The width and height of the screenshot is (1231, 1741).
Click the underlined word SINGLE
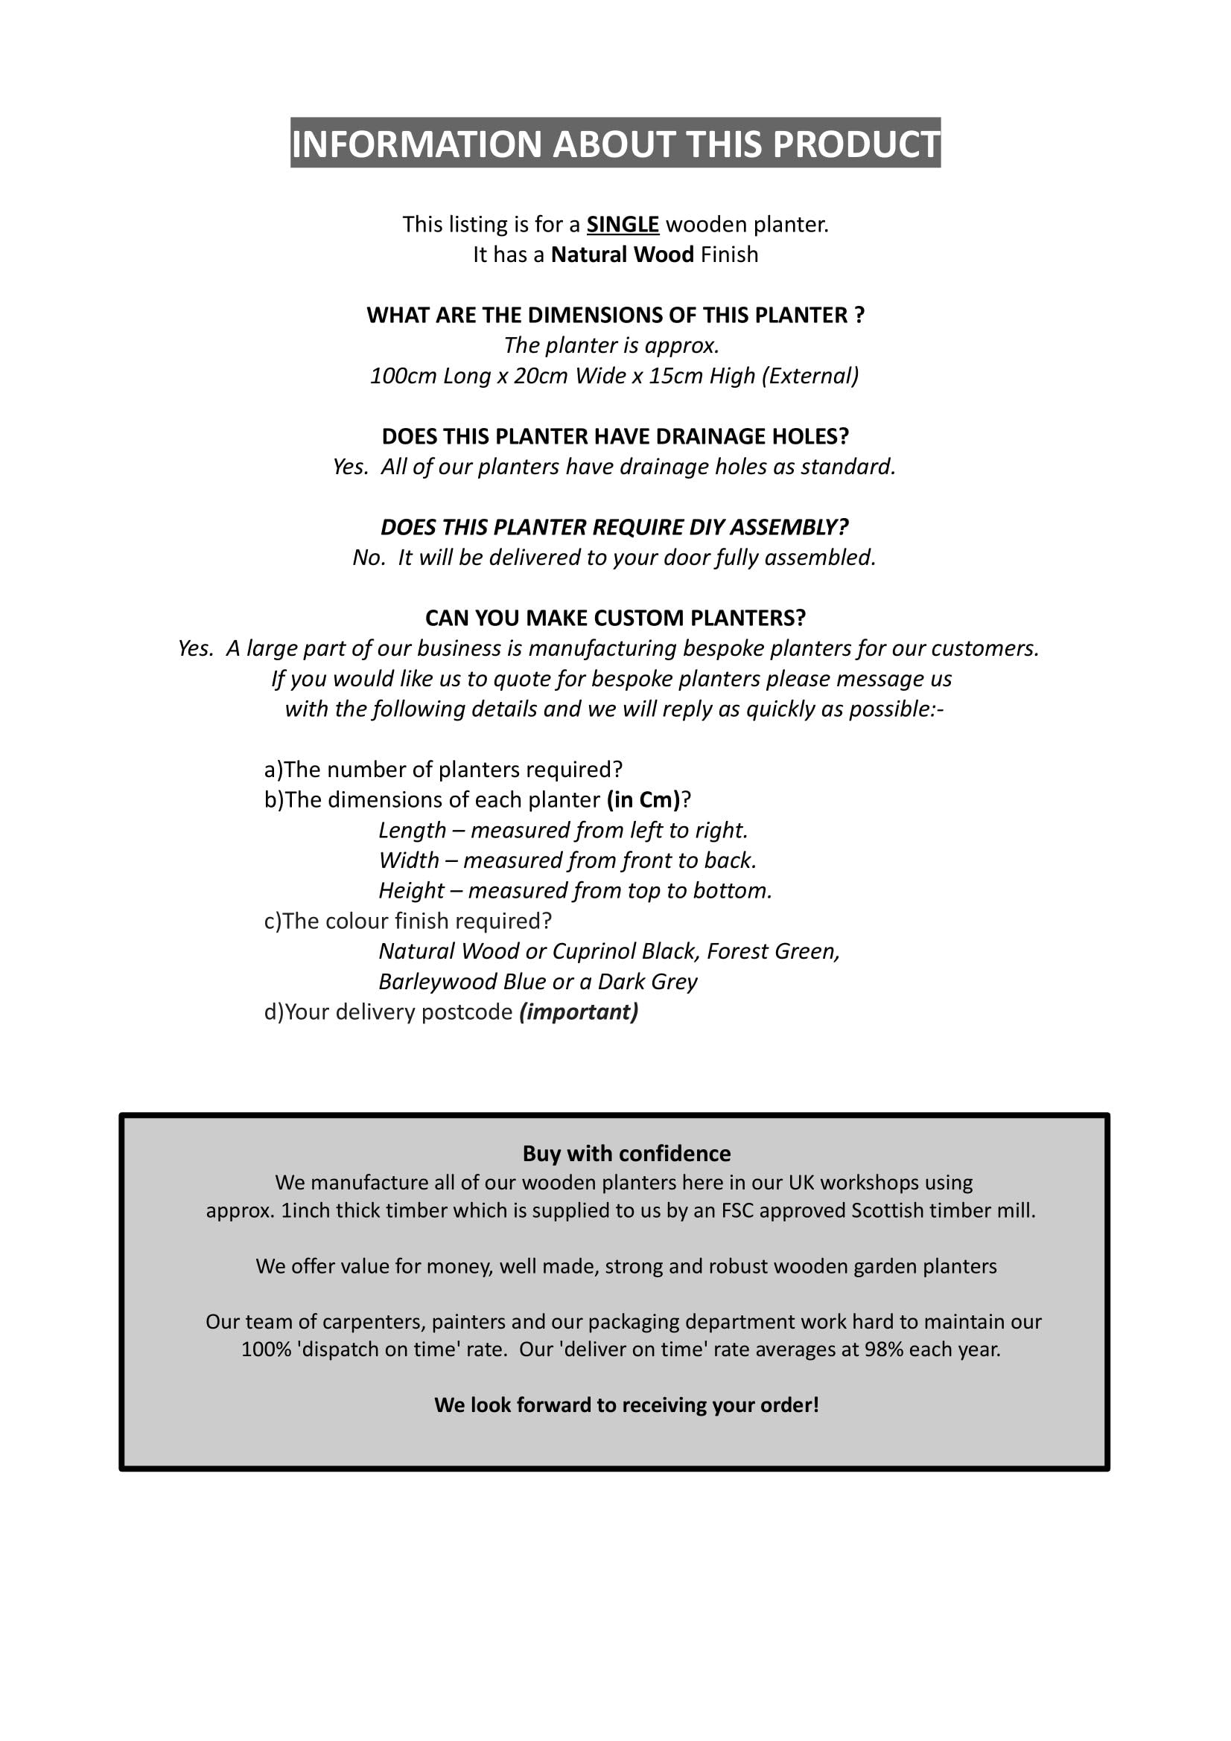(x=623, y=225)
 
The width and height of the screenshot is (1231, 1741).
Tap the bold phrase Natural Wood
(x=622, y=255)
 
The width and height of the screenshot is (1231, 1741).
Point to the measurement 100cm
(x=403, y=376)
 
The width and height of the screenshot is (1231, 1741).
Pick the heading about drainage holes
(x=615, y=436)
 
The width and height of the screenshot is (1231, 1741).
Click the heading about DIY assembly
(x=614, y=527)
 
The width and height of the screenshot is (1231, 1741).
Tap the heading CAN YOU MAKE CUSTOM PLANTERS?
(x=615, y=618)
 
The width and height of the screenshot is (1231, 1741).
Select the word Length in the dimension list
(x=412, y=831)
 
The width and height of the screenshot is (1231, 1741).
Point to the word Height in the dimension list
(x=411, y=891)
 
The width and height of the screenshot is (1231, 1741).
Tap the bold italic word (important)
(x=579, y=1012)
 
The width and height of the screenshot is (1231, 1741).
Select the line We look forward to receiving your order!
(x=626, y=1405)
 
